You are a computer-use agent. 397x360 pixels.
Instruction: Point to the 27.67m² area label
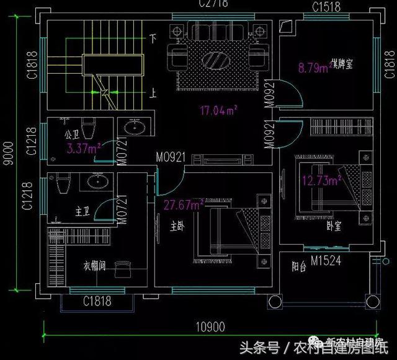(x=184, y=204)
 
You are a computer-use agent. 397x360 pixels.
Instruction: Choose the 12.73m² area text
(x=322, y=181)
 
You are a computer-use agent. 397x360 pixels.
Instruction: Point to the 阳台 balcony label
(x=299, y=267)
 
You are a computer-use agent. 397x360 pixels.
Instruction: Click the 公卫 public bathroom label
(x=71, y=134)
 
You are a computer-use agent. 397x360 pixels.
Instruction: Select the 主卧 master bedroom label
(x=177, y=227)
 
